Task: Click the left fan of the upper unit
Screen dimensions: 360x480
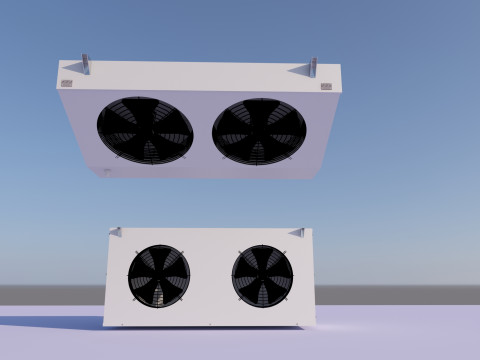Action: click(145, 130)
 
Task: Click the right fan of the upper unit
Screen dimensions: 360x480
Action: click(259, 131)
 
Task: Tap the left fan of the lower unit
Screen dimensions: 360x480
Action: click(158, 275)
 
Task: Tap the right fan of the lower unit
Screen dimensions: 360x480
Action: click(262, 275)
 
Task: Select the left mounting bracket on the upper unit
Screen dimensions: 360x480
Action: click(85, 64)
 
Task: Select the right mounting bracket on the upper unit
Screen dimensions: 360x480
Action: click(312, 67)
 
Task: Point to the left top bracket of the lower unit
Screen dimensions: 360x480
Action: click(116, 232)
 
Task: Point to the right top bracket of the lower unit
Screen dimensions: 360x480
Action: click(296, 232)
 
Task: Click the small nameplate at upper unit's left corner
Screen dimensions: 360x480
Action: click(67, 84)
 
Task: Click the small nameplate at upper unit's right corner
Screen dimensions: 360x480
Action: click(326, 86)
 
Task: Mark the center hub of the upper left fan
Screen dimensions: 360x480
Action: click(145, 130)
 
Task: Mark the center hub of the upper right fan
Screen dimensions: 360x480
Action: click(259, 131)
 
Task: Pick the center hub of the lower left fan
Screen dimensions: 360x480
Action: click(158, 275)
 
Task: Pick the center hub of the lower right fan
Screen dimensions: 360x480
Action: click(262, 275)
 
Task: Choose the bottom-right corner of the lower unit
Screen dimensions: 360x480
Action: click(313, 323)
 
